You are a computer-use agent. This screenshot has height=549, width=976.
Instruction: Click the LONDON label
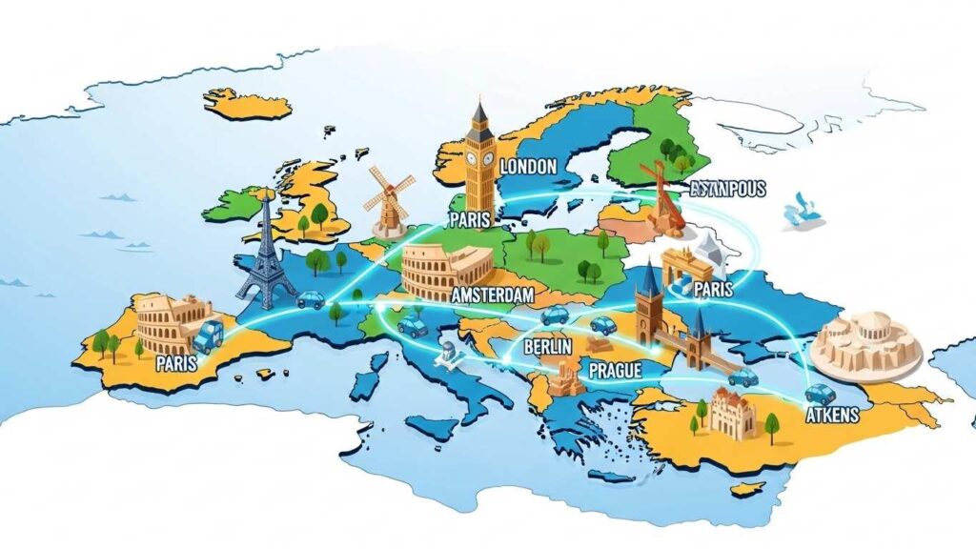[527, 167]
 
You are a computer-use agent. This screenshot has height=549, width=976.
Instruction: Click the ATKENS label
[832, 416]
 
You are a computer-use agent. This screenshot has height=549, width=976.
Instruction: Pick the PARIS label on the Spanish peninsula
[176, 363]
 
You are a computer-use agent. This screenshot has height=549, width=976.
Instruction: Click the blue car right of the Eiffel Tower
[310, 299]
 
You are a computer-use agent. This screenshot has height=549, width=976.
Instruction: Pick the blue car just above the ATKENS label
[820, 393]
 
